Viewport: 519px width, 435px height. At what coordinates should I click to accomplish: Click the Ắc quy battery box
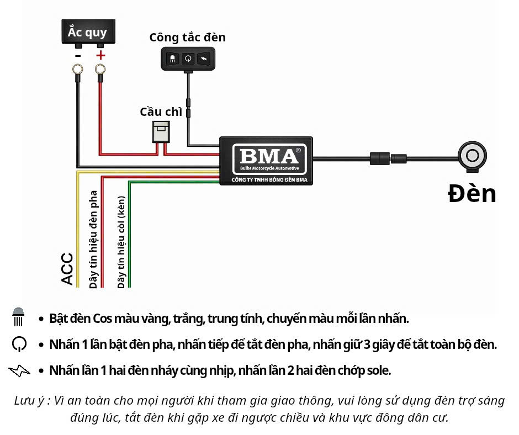88,32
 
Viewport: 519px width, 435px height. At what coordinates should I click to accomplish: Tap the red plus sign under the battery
100,55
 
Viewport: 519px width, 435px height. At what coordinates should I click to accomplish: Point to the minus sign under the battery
78,56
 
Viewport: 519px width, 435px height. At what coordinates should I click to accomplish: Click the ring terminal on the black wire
78,70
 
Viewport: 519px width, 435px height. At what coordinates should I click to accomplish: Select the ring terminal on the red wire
100,70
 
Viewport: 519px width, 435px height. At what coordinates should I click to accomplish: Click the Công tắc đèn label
187,38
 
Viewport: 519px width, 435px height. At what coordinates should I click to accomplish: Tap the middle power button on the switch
188,59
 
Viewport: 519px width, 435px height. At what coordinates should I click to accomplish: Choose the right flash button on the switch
204,59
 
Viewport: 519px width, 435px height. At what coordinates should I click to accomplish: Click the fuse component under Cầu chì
161,132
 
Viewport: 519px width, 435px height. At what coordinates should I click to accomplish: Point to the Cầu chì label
161,112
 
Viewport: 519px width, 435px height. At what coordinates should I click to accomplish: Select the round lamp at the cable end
472,156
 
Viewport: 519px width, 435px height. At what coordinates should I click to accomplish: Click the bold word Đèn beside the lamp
472,194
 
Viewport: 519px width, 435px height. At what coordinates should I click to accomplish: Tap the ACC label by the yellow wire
67,269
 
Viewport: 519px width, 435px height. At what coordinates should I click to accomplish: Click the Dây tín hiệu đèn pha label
93,240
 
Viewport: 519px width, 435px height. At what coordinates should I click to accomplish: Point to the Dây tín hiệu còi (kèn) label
121,242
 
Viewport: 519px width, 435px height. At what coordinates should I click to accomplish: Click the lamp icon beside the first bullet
18,317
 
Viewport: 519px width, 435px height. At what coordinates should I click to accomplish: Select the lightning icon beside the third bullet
19,371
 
